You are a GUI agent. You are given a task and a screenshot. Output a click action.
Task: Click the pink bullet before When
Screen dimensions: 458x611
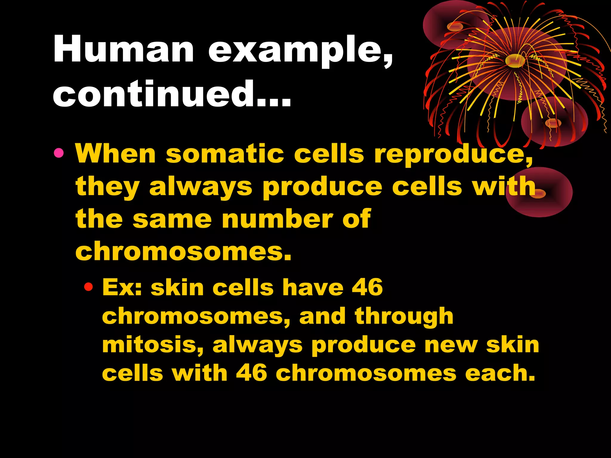59,153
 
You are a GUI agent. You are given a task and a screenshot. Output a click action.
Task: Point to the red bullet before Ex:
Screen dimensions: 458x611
88,287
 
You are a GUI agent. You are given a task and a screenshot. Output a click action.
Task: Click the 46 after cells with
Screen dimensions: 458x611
252,373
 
